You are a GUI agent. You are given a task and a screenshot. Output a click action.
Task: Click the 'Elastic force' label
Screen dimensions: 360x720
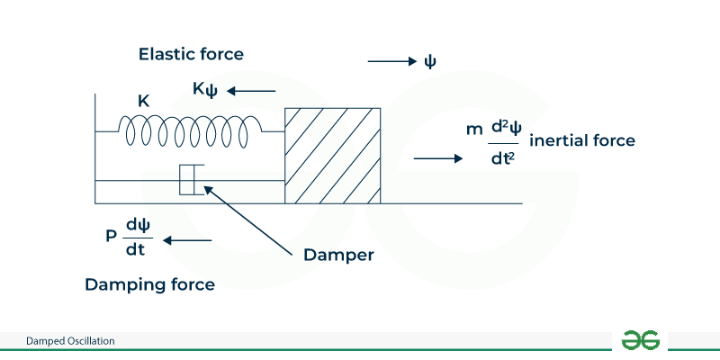click(191, 54)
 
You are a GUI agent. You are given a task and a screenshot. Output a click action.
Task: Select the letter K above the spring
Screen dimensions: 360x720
click(143, 101)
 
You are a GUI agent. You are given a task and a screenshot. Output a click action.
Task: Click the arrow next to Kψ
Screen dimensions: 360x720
click(252, 90)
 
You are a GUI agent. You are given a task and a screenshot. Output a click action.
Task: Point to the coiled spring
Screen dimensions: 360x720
click(189, 130)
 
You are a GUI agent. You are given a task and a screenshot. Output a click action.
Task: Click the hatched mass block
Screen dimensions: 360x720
click(332, 155)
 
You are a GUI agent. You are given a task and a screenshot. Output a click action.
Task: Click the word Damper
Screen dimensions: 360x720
click(337, 255)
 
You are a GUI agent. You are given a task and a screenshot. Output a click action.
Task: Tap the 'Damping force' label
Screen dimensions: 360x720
click(149, 284)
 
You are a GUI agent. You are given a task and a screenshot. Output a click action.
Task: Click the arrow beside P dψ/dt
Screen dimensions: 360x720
click(188, 240)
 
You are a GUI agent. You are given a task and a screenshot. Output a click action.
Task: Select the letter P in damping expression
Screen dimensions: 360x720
click(111, 238)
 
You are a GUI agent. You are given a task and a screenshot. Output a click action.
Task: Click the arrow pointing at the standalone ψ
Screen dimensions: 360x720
click(391, 61)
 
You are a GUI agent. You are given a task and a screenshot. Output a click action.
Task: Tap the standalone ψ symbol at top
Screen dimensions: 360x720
click(430, 61)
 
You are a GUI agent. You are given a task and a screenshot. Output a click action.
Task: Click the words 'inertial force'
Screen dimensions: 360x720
click(582, 140)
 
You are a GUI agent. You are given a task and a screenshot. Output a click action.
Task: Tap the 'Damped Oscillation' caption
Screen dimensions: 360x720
click(70, 341)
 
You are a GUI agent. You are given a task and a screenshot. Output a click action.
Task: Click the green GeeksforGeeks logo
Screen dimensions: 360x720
click(641, 340)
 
